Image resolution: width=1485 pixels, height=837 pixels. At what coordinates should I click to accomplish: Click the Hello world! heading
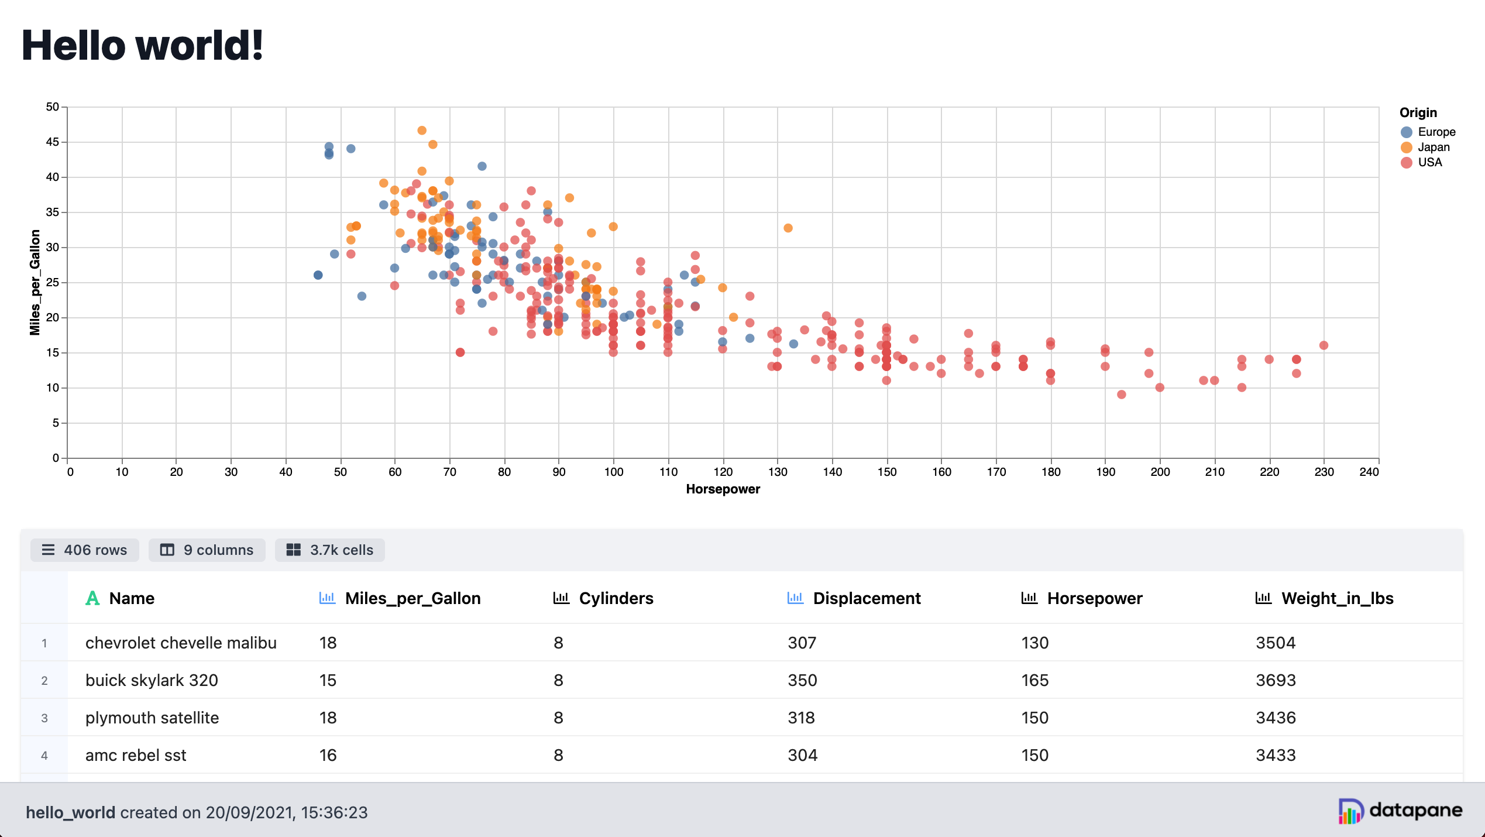pos(142,46)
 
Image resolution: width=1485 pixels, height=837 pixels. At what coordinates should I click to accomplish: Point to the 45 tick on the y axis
pos(53,142)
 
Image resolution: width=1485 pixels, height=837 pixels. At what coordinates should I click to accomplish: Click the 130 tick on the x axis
pos(777,472)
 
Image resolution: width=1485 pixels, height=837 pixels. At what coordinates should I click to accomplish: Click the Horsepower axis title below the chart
pos(723,489)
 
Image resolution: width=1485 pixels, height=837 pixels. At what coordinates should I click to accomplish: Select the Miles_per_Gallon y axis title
pos(35,282)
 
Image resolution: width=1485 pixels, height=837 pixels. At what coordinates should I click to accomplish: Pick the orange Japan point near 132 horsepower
pos(788,228)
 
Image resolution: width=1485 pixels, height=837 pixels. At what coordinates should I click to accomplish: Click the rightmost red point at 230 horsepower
pos(1324,345)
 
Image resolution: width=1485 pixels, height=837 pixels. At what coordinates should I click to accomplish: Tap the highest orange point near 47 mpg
pos(422,131)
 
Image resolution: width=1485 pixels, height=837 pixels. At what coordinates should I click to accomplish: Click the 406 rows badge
pos(85,550)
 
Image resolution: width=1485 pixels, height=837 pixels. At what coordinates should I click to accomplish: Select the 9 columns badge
pos(207,550)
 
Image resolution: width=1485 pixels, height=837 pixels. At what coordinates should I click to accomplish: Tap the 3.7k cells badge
pos(330,550)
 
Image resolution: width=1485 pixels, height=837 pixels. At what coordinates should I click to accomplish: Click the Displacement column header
pos(866,598)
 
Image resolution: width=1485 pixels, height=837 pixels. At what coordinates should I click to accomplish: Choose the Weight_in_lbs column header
pos(1336,598)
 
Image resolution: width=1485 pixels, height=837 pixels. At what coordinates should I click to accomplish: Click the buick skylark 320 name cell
pos(152,680)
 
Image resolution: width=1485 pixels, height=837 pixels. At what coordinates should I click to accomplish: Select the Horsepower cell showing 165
pos(1034,680)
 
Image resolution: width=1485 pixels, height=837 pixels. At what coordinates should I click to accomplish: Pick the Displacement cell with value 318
pos(801,718)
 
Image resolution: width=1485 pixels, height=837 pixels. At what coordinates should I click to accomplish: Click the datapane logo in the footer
pos(1400,811)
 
